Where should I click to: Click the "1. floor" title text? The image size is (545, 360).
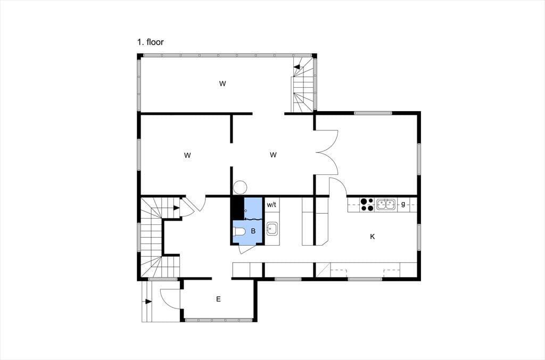(x=150, y=42)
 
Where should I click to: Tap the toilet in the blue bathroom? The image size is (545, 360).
(x=239, y=231)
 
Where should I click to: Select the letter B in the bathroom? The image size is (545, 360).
(x=253, y=231)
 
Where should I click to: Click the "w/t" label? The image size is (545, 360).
(x=271, y=205)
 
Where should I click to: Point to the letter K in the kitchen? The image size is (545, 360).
(x=372, y=237)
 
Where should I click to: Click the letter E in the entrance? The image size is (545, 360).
(x=218, y=299)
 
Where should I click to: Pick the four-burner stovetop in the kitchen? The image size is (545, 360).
(x=367, y=205)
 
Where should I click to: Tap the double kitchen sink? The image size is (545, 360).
(x=386, y=205)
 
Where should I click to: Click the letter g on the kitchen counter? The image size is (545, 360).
(x=403, y=204)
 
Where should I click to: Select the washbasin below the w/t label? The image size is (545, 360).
(x=271, y=229)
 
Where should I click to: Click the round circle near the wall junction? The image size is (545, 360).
(x=240, y=188)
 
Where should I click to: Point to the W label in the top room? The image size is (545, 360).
(x=222, y=83)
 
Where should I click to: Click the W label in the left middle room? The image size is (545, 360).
(x=187, y=155)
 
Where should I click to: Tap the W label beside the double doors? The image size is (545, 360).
(x=273, y=155)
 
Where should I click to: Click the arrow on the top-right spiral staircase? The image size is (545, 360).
(x=296, y=67)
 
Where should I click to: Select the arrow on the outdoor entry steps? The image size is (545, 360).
(x=148, y=302)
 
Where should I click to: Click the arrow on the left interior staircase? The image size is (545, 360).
(x=176, y=208)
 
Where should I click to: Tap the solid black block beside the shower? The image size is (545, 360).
(x=238, y=208)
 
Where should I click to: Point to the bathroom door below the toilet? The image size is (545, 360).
(x=246, y=249)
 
